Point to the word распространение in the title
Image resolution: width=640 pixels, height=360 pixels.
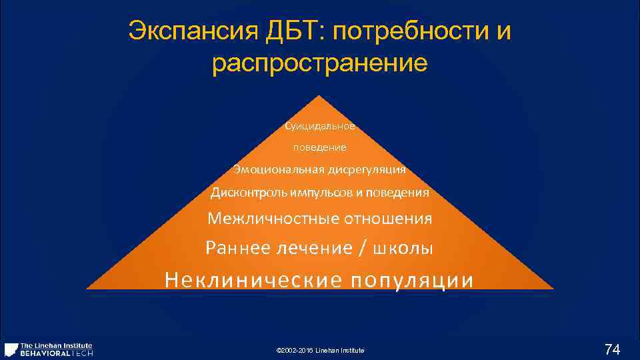(x=320, y=64)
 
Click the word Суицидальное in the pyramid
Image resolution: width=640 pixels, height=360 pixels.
(x=320, y=126)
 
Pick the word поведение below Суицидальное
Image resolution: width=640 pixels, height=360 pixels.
(x=320, y=147)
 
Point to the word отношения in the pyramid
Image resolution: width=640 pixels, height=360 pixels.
(x=389, y=219)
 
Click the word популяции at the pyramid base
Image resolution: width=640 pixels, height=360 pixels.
(x=413, y=279)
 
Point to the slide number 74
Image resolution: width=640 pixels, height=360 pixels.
(x=612, y=349)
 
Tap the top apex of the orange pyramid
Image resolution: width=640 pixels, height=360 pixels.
(x=320, y=97)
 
